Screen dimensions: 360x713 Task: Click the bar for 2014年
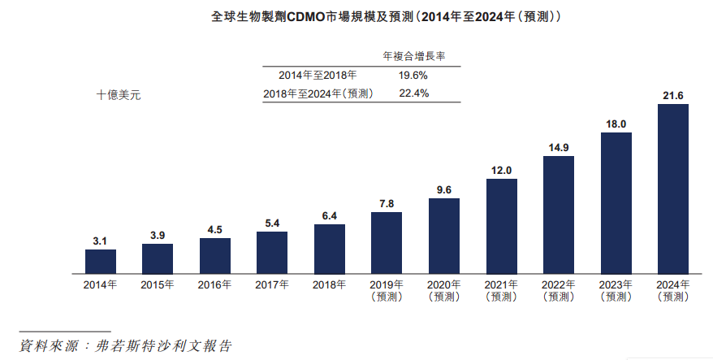coord(100,261)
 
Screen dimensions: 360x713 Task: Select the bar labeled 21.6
coord(672,189)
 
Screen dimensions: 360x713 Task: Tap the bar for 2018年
coord(329,249)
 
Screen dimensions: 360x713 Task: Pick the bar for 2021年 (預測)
coord(501,226)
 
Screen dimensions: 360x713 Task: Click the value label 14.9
coord(558,147)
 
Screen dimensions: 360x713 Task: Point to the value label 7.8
coord(387,203)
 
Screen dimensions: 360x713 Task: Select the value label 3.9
coord(158,235)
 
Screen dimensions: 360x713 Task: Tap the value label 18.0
coord(616,124)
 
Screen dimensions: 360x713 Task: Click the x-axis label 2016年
coord(214,284)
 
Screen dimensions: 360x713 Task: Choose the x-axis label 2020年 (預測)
coord(443,290)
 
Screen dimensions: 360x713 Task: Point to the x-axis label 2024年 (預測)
coord(672,290)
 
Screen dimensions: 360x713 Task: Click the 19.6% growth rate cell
coord(413,75)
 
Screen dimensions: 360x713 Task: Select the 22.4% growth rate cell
coord(413,93)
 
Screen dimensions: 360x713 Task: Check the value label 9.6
coord(443,189)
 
